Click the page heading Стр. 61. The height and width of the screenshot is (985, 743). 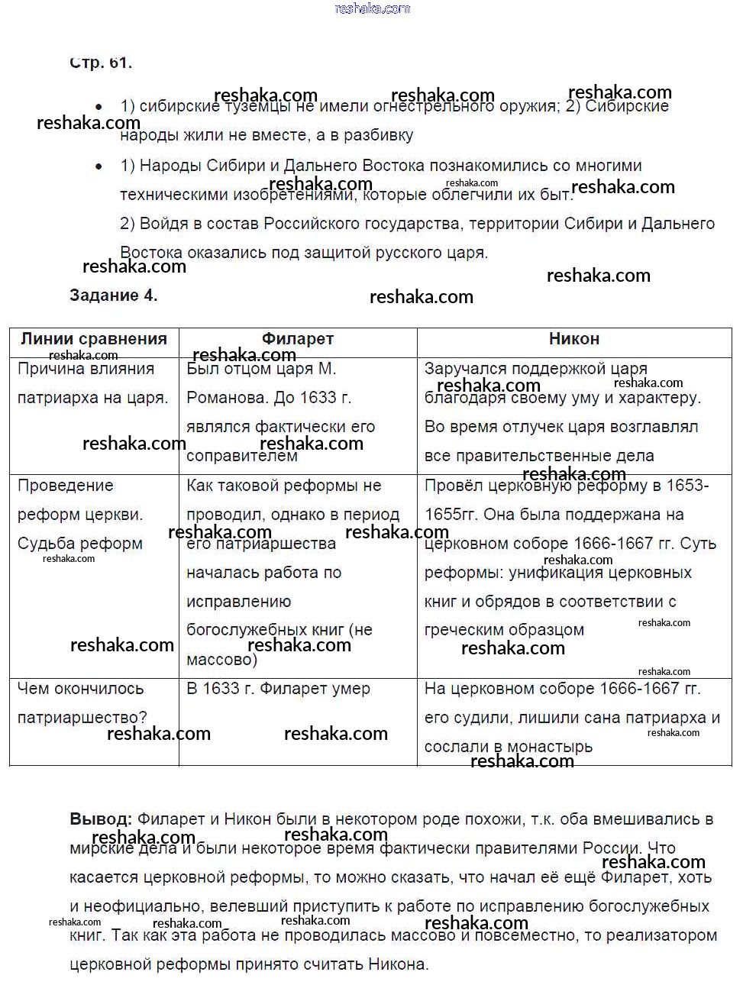pos(101,63)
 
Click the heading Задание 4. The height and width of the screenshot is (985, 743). pos(113,295)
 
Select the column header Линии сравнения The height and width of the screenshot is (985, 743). pos(94,339)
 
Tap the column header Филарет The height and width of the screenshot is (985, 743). pos(298,339)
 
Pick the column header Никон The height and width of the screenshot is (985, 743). pos(574,339)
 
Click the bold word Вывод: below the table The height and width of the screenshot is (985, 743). pos(101,819)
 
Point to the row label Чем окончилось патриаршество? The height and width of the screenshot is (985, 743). pos(82,703)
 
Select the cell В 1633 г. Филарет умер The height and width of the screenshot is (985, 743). pos(278,689)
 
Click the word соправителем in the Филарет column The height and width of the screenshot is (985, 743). pos(242,457)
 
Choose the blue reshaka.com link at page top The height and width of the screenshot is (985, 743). pos(373,8)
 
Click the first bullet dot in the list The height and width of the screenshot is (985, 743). pos(99,107)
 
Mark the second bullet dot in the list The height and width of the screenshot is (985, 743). pos(99,166)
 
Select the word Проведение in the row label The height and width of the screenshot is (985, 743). pos(65,486)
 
